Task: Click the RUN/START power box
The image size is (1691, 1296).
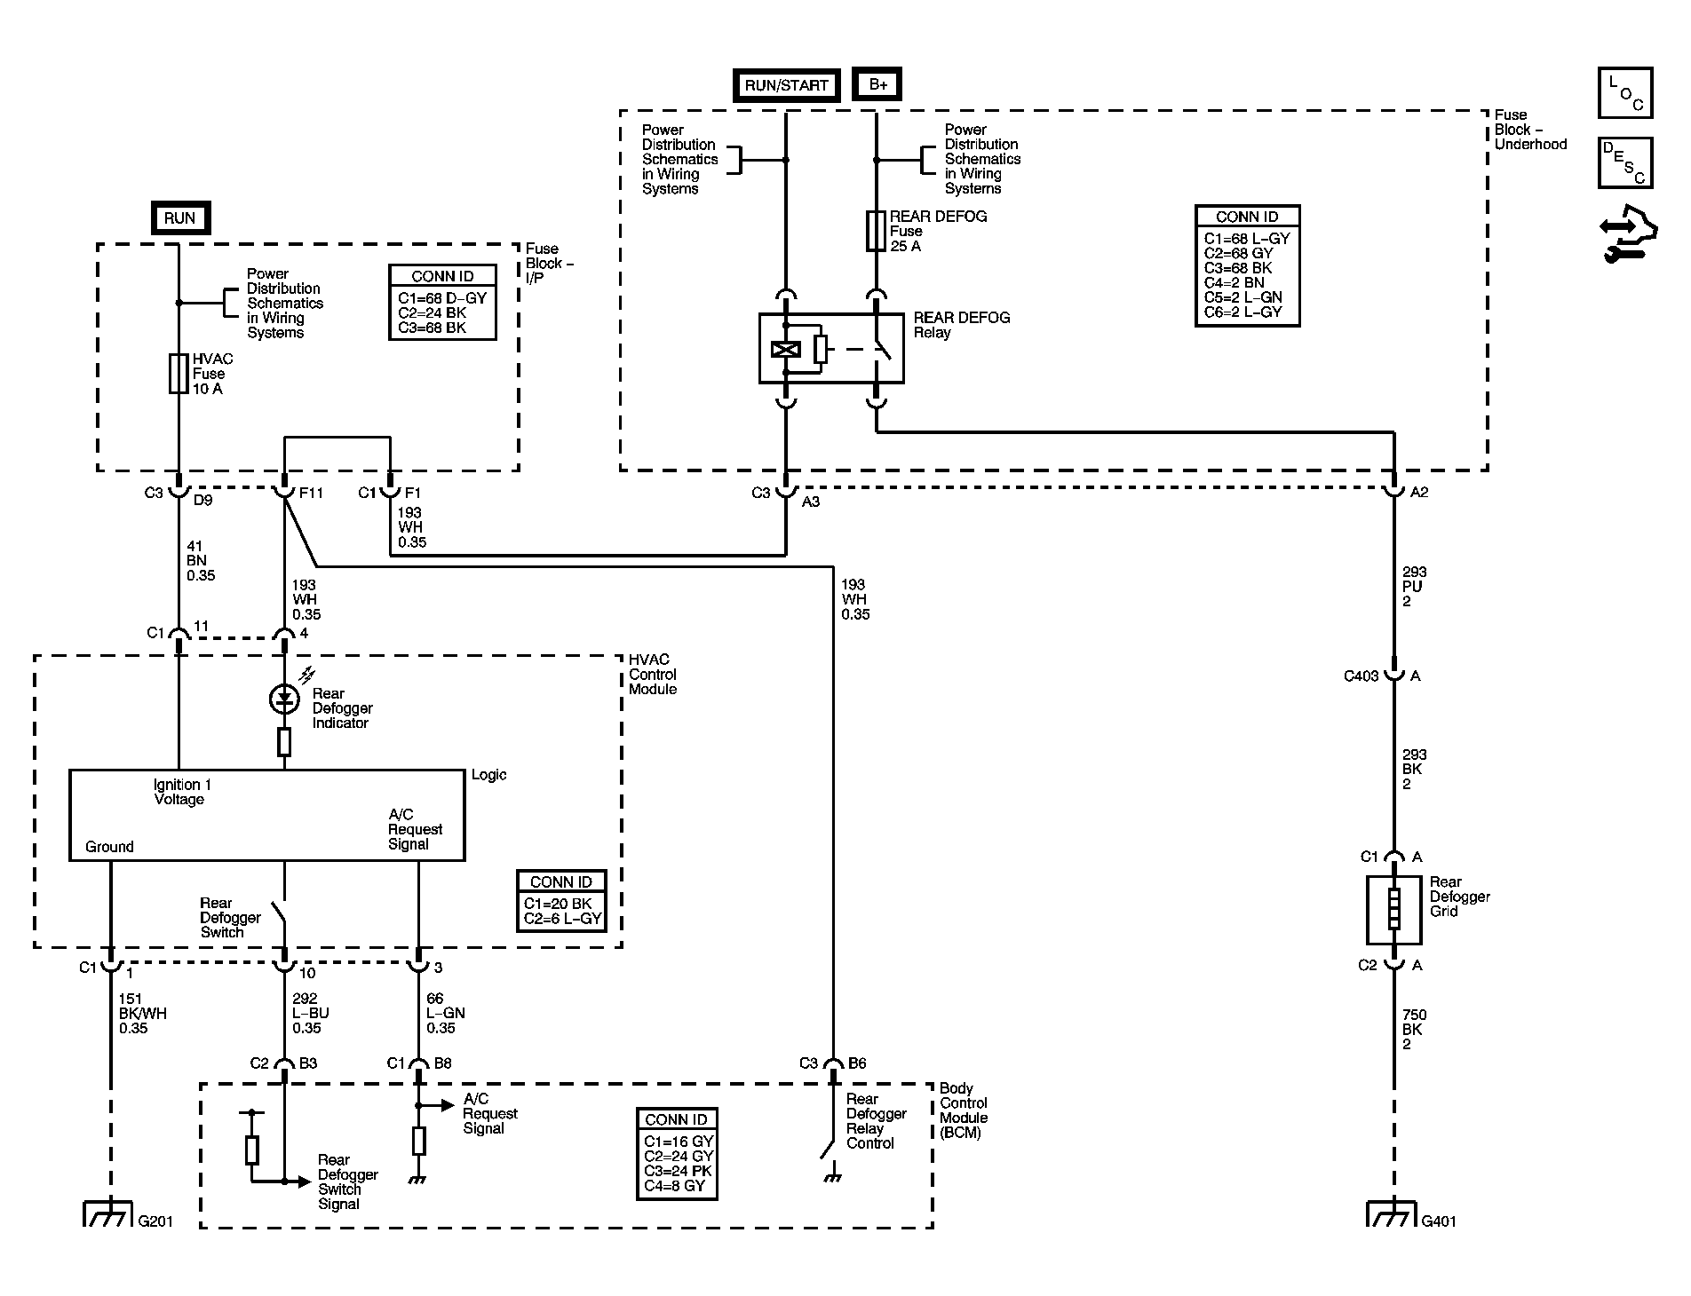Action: point(786,85)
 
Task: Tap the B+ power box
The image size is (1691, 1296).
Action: point(877,85)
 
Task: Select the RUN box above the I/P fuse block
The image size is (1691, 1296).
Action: point(179,218)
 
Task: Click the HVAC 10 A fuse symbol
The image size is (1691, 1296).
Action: point(179,374)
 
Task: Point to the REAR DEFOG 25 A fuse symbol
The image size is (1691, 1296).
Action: point(876,230)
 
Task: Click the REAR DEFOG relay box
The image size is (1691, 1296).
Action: point(831,348)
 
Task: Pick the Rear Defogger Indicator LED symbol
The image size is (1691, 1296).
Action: point(284,699)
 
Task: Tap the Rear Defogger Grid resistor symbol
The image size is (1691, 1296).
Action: point(1393,910)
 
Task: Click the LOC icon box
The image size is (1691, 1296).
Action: point(1625,93)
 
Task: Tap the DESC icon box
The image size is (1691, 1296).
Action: point(1625,163)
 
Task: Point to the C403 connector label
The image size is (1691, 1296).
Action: point(1361,676)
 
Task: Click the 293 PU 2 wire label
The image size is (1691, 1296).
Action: point(1414,587)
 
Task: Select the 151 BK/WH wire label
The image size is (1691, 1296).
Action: point(142,1014)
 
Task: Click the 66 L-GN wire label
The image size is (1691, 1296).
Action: point(445,1014)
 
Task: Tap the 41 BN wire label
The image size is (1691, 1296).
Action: point(201,561)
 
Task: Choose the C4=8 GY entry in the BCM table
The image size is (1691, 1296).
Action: point(675,1186)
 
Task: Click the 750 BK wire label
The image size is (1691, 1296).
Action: point(1414,1030)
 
